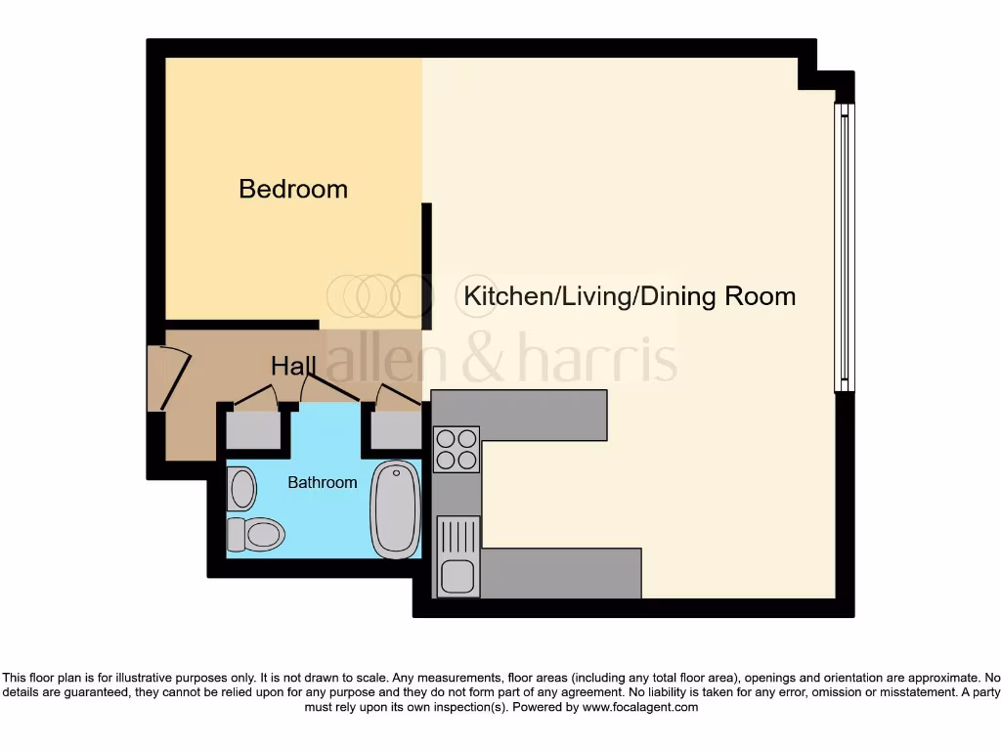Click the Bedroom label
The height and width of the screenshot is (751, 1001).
tap(293, 189)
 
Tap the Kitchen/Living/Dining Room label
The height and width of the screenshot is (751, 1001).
tap(630, 295)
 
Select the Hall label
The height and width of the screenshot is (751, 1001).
tap(293, 367)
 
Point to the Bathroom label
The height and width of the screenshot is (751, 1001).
tap(322, 482)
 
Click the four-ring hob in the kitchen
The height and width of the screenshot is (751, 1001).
tap(457, 449)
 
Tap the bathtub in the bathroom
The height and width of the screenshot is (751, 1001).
tap(395, 509)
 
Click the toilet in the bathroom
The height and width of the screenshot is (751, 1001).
tap(255, 534)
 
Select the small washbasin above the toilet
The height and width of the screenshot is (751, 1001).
tap(241, 488)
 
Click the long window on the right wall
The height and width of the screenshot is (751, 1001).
tap(844, 247)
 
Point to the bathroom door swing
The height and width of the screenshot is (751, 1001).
tap(327, 386)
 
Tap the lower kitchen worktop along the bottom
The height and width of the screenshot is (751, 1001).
tap(561, 573)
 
